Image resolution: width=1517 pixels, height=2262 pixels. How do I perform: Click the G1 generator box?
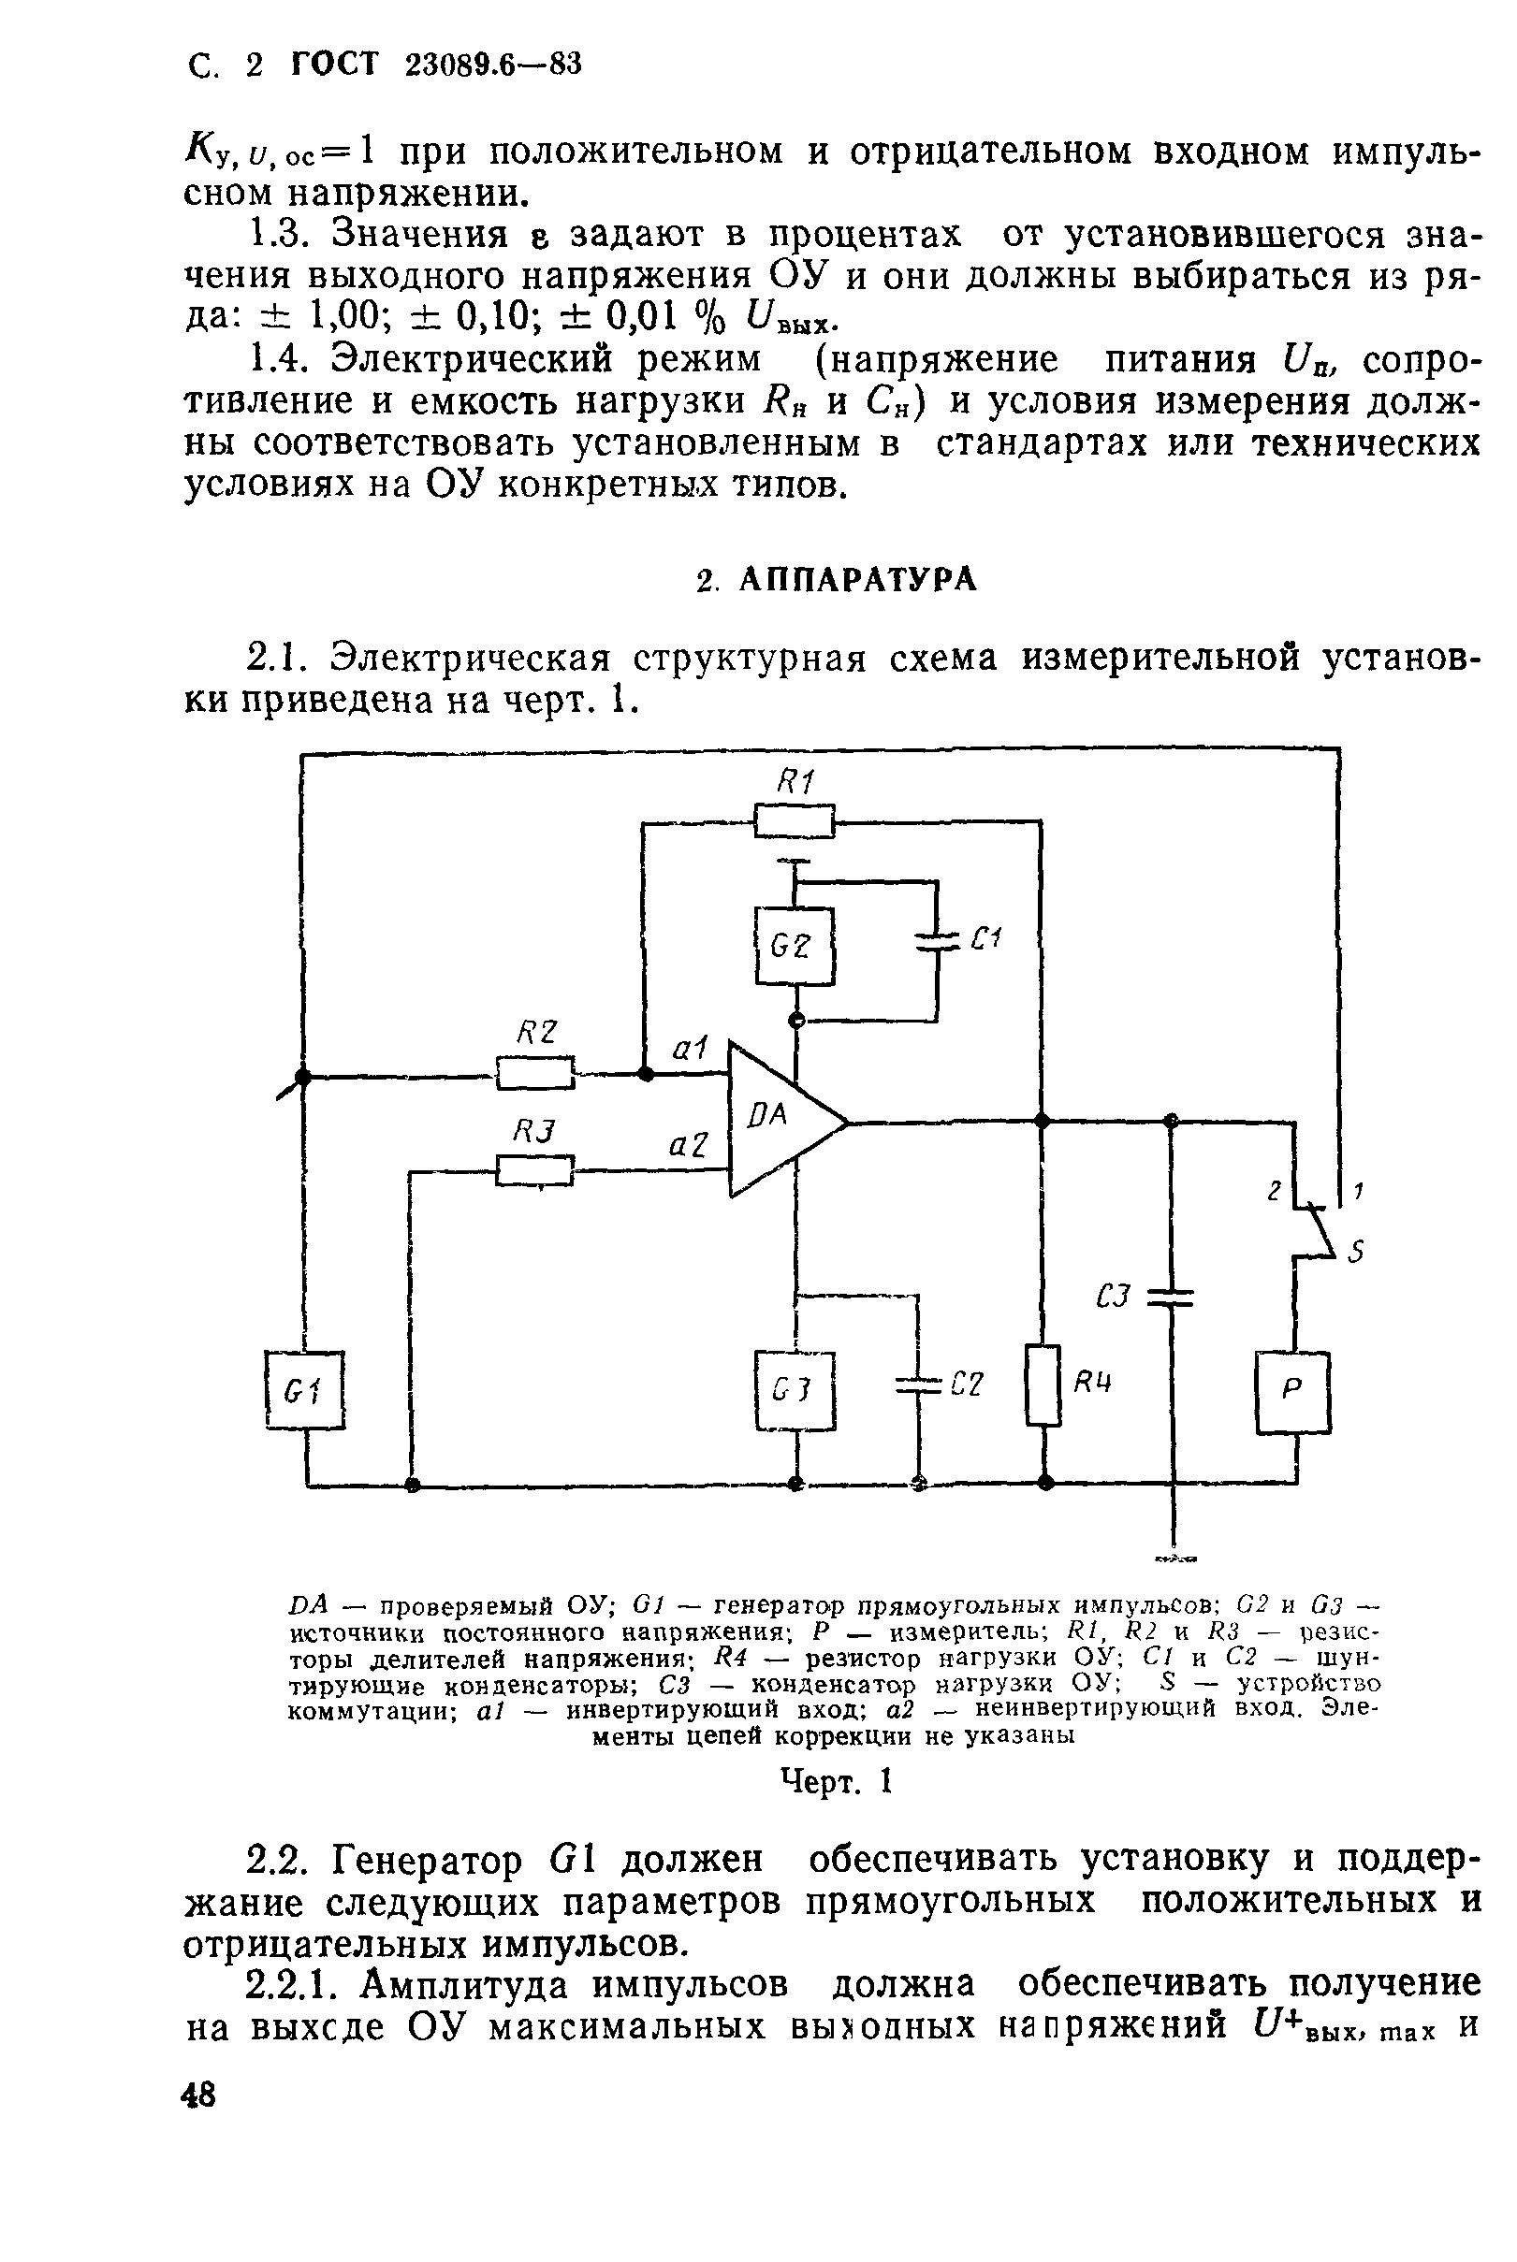[x=305, y=1389]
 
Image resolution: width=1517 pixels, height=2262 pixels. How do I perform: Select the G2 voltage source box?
[x=795, y=946]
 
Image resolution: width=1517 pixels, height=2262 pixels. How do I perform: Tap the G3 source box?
[x=795, y=1390]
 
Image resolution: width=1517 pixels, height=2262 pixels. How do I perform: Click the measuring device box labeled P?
[x=1292, y=1391]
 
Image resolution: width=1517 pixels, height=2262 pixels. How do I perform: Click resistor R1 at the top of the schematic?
[x=795, y=821]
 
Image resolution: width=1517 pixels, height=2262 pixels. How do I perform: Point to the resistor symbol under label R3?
[x=535, y=1171]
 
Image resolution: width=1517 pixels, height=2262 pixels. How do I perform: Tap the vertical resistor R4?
[x=1043, y=1385]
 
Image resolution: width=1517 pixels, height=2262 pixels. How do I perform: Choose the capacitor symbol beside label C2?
[x=918, y=1385]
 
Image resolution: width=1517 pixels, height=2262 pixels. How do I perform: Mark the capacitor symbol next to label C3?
[x=1171, y=1297]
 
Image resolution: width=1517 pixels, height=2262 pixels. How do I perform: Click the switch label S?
[x=1356, y=1253]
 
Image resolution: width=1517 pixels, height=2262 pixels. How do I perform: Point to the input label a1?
[x=689, y=1048]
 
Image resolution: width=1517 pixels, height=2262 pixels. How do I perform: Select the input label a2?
[x=688, y=1145]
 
